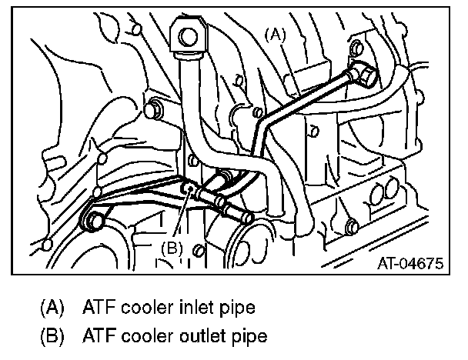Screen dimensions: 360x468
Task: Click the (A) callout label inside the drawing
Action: coord(275,34)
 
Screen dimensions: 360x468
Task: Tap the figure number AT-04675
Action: coord(409,264)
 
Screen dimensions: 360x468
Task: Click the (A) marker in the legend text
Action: coord(52,308)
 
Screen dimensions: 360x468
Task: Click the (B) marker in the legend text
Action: coord(52,335)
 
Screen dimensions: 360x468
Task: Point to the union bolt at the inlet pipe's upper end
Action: coord(362,74)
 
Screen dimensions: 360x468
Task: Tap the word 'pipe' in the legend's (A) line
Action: coord(235,308)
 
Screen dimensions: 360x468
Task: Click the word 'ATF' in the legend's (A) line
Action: coord(96,308)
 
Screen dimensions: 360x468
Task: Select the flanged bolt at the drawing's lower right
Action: coord(352,226)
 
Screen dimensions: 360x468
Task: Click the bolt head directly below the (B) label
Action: coord(199,251)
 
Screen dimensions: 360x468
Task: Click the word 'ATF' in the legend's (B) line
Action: coord(96,335)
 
